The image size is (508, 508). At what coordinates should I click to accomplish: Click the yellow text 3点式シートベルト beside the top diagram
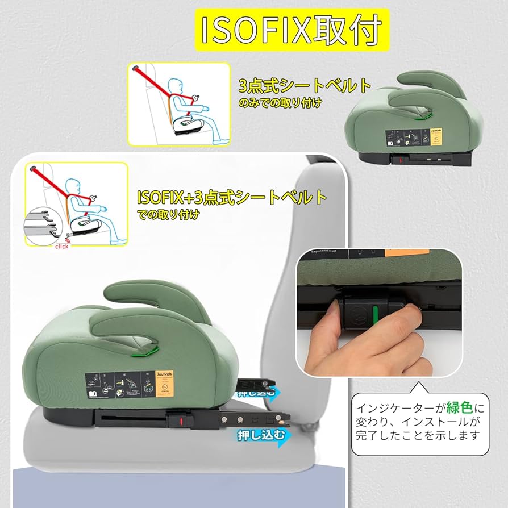click(x=305, y=86)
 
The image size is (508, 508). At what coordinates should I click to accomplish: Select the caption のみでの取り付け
click(x=280, y=103)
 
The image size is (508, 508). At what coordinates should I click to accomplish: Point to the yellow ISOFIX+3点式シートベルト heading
click(x=232, y=197)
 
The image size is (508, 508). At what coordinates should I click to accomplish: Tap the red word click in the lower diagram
click(x=62, y=246)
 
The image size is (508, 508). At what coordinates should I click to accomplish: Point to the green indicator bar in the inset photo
click(x=376, y=312)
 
